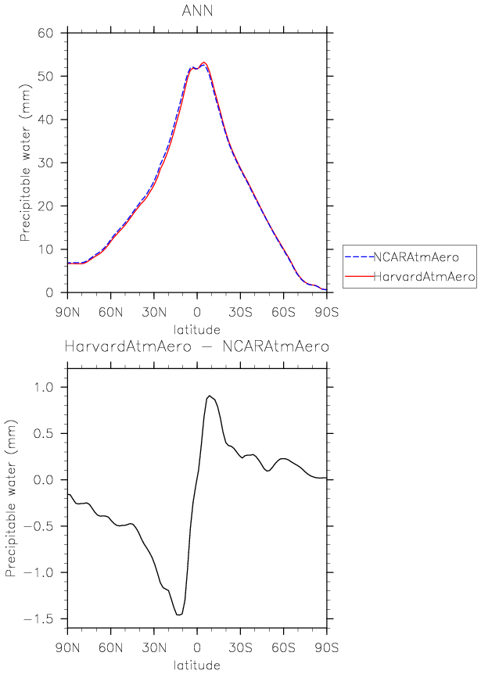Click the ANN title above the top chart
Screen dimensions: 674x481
point(196,10)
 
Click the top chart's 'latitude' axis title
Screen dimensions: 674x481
point(196,330)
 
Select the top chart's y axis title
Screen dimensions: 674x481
point(26,163)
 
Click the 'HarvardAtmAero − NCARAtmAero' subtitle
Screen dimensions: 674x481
point(196,345)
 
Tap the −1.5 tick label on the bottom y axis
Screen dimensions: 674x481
point(47,619)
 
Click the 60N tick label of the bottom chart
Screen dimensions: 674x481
point(110,648)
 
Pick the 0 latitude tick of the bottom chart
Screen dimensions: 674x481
point(197,648)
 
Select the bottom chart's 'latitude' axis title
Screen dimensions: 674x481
point(196,665)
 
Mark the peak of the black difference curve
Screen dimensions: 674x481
point(209,396)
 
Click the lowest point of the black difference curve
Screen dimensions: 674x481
point(178,615)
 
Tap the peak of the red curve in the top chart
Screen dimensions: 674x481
point(203,63)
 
